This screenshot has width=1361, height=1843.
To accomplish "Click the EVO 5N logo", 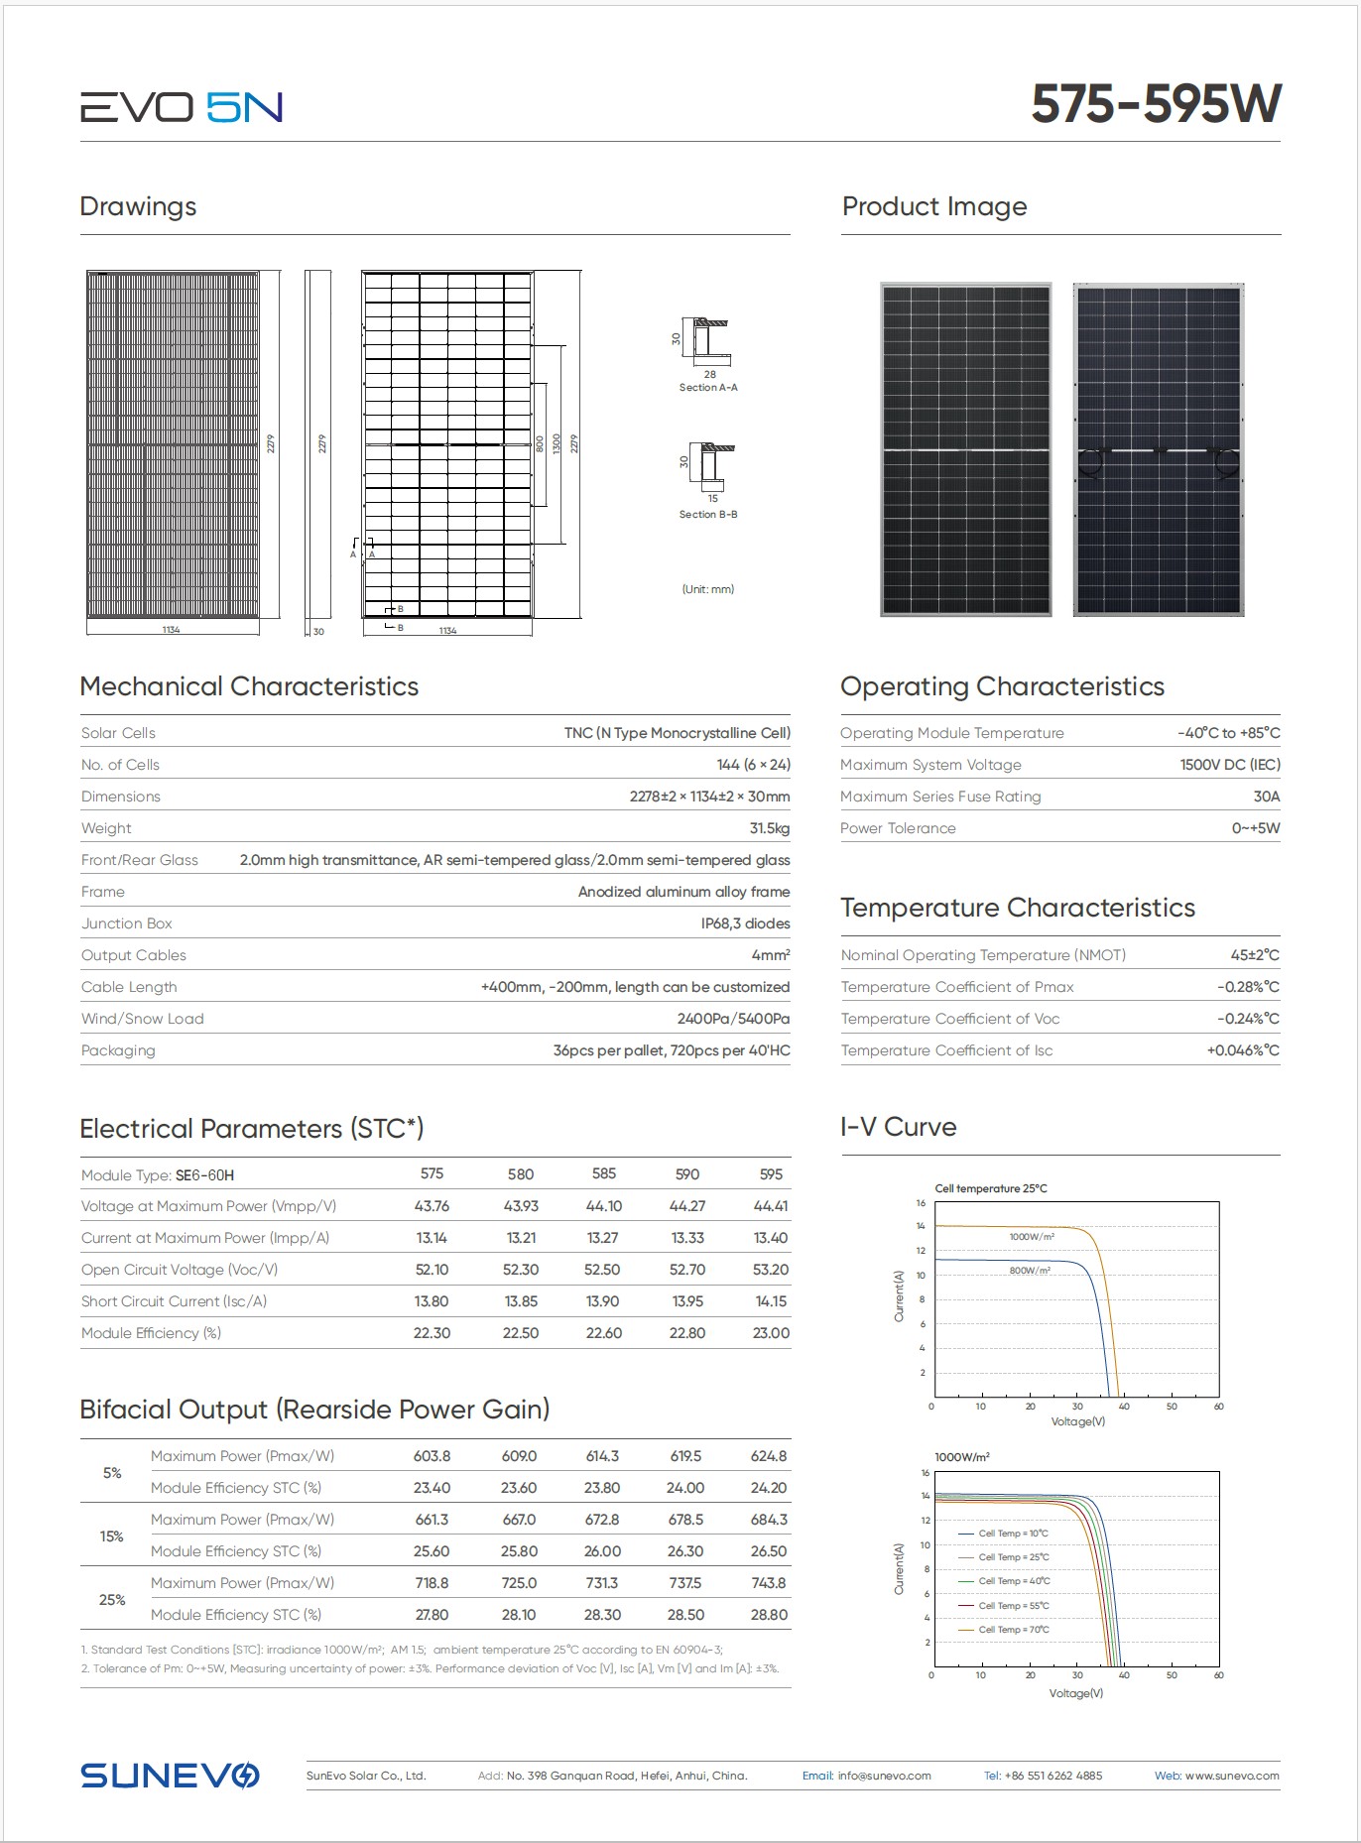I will pyautogui.click(x=182, y=107).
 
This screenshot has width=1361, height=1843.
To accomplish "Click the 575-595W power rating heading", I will pyautogui.click(x=1156, y=104).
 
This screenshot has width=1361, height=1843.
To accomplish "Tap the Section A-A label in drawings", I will pyautogui.click(x=707, y=388).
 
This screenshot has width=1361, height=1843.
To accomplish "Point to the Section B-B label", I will pyautogui.click(x=707, y=515).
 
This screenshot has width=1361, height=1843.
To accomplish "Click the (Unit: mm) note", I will pyautogui.click(x=707, y=589).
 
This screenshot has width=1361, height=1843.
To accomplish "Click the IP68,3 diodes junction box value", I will pyautogui.click(x=745, y=923).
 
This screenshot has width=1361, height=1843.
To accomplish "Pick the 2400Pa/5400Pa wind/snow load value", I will pyautogui.click(x=733, y=1019).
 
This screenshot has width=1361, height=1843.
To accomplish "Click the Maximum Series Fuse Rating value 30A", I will pyautogui.click(x=1266, y=797).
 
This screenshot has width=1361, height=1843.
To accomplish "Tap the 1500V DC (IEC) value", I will pyautogui.click(x=1229, y=765).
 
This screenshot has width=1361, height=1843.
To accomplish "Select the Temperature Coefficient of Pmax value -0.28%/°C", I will pyautogui.click(x=1247, y=987).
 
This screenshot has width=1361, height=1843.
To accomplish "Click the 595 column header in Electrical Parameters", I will pyautogui.click(x=771, y=1174).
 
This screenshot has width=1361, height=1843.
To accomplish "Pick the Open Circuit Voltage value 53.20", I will pyautogui.click(x=771, y=1270).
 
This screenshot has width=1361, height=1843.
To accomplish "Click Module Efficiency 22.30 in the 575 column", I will pyautogui.click(x=432, y=1333).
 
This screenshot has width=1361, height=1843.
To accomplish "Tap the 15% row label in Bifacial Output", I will pyautogui.click(x=111, y=1536).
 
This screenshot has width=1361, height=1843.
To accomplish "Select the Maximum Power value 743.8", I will pyautogui.click(x=769, y=1583).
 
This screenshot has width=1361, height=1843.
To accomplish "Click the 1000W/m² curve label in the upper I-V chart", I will pyautogui.click(x=1032, y=1237).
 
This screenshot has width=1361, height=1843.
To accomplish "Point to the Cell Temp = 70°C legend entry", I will pyautogui.click(x=1013, y=1630).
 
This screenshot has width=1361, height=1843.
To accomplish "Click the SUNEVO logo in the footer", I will pyautogui.click(x=170, y=1776).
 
